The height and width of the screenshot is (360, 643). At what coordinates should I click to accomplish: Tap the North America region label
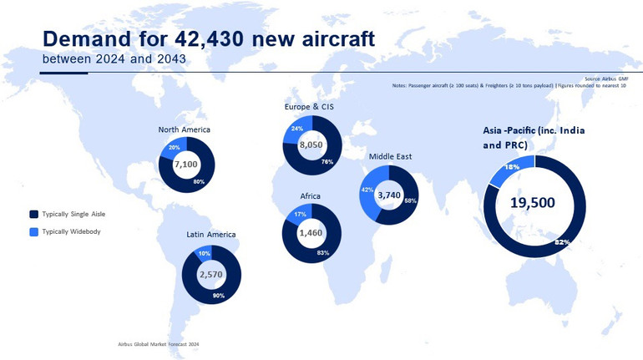[x=185, y=129]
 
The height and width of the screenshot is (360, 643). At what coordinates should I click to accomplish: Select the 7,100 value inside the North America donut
[x=185, y=165]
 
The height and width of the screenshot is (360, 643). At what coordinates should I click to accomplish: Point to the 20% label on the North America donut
[x=174, y=148]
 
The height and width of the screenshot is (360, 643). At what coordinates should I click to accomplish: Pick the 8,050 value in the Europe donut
[x=311, y=145]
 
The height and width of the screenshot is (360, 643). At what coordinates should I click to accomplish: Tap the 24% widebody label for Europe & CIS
[x=296, y=129]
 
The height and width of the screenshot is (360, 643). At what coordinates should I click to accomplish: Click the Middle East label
[x=390, y=156]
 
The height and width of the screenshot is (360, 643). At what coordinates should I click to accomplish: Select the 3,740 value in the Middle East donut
[x=390, y=195]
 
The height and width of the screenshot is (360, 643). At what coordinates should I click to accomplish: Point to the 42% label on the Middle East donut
[x=366, y=190]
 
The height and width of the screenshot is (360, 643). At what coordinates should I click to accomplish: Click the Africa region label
[x=311, y=196]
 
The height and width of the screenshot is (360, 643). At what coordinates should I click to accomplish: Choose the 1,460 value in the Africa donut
[x=311, y=234]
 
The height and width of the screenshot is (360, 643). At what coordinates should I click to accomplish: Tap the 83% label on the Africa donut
[x=323, y=252]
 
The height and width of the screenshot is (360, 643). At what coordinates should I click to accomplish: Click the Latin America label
[x=210, y=235]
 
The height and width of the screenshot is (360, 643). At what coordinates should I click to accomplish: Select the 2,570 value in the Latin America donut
[x=210, y=274]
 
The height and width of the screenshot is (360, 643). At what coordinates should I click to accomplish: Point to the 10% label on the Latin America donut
[x=204, y=253]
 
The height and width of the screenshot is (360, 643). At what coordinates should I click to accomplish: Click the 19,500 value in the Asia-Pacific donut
[x=533, y=202]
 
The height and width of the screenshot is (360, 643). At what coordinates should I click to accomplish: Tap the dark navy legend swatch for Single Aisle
[x=33, y=214]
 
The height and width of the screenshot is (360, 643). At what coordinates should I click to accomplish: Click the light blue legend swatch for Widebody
[x=33, y=231]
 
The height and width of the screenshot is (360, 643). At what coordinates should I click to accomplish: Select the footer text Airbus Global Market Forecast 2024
[x=159, y=343]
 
